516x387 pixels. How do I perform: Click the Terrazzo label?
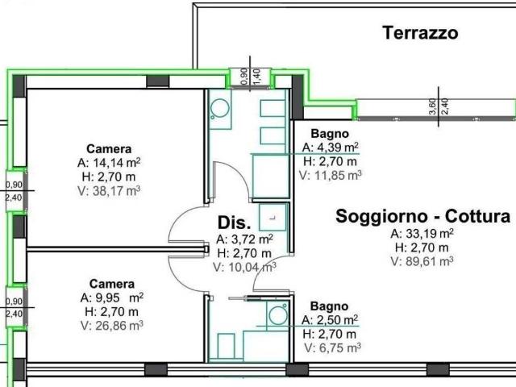(420, 33)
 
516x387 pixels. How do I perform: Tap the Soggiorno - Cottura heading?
(422, 217)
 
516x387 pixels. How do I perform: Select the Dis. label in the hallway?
(234, 223)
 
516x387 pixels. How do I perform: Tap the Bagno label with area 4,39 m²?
(330, 134)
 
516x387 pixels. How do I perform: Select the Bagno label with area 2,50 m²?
(330, 306)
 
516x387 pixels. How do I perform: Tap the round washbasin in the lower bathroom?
(278, 315)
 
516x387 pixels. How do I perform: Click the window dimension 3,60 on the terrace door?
(433, 106)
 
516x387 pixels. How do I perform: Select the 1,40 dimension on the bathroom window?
(258, 76)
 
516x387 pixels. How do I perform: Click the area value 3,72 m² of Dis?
(244, 239)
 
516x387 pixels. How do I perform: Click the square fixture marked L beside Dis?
(273, 217)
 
